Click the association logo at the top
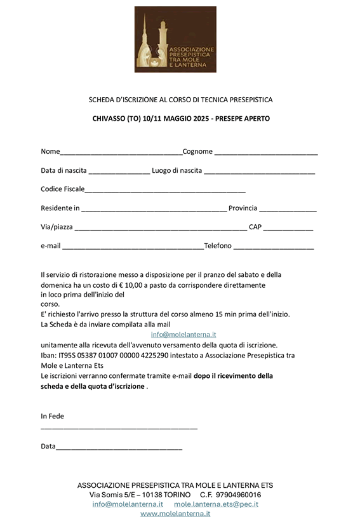pyautogui.click(x=175, y=39)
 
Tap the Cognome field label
pyautogui.click(x=197, y=152)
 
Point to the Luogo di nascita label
pyautogui.click(x=177, y=171)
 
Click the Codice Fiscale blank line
pyautogui.click(x=165, y=191)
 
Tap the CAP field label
pyautogui.click(x=255, y=227)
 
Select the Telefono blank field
pyautogui.click(x=274, y=248)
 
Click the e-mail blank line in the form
pyautogui.click(x=132, y=248)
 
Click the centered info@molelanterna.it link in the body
pyautogui.click(x=183, y=334)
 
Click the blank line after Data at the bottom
pyautogui.click(x=119, y=448)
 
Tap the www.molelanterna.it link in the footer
pyautogui.click(x=175, y=513)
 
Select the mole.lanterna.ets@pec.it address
pyautogui.click(x=216, y=504)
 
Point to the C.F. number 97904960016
pyautogui.click(x=239, y=494)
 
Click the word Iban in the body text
pyautogui.click(x=48, y=355)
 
